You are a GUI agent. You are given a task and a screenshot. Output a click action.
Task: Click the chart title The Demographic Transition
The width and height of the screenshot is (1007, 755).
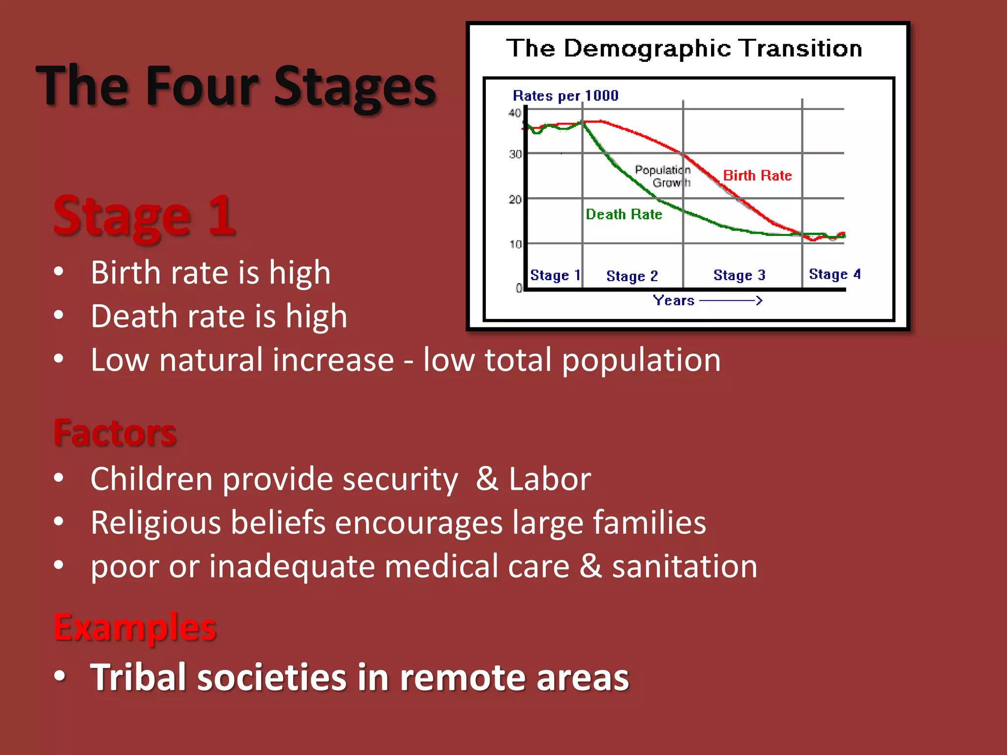tap(684, 49)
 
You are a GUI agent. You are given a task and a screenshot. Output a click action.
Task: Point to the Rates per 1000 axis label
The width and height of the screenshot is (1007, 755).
tap(565, 95)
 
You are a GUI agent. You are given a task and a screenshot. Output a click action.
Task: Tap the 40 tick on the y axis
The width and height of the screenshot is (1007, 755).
tap(514, 113)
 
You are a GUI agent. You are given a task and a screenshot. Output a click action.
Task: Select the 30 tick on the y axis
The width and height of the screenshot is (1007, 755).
tap(515, 154)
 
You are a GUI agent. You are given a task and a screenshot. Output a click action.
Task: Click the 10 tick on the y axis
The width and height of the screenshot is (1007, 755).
tap(515, 244)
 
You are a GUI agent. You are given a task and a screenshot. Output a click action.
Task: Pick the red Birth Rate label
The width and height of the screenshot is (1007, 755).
tap(757, 175)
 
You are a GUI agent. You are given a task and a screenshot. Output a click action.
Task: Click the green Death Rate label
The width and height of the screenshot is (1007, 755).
tap(623, 214)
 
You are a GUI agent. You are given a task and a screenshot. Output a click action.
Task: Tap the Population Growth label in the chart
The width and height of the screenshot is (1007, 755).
tap(663, 176)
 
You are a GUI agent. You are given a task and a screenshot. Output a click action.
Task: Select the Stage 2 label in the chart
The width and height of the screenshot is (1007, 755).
tap(632, 276)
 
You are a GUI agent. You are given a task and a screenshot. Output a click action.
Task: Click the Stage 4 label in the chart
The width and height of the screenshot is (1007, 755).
tap(834, 274)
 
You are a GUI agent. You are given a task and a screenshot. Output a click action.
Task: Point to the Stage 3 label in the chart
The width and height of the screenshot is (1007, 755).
tap(739, 275)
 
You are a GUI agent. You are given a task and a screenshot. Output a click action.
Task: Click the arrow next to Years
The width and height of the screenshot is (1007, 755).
tap(731, 300)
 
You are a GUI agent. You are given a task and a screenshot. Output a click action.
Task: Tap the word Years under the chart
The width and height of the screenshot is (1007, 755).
tap(673, 300)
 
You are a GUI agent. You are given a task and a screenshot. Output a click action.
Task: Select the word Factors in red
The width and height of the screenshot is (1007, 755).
tap(115, 433)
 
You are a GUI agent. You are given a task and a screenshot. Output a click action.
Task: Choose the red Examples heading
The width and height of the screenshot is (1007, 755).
tap(135, 627)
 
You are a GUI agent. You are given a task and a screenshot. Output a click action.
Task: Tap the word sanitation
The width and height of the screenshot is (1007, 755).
tap(684, 566)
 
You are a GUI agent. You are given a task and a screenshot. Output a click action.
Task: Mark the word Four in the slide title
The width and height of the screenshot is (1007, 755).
tap(202, 87)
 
